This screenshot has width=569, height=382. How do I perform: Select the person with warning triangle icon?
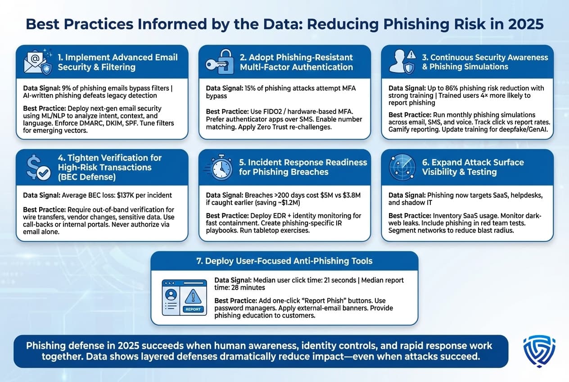point(402,62)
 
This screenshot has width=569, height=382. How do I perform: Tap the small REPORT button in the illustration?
point(194,309)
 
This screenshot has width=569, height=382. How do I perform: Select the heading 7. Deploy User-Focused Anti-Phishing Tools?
point(284,261)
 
